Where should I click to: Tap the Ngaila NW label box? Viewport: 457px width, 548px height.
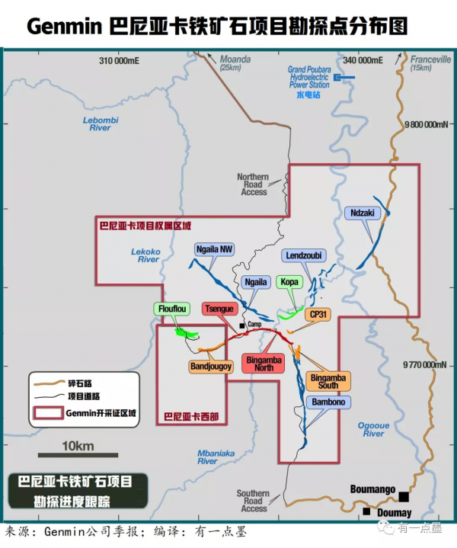pos(215,249)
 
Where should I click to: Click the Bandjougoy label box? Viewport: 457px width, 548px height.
pos(210,366)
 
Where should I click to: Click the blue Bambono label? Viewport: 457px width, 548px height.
pos(327,402)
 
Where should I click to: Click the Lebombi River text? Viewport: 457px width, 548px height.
pos(100,123)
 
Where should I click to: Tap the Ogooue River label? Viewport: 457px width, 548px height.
pos(373,429)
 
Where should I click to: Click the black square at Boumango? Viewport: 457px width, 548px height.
pos(404,496)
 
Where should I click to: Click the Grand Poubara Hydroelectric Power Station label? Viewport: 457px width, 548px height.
pos(308,78)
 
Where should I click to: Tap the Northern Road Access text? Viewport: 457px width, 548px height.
pos(254,184)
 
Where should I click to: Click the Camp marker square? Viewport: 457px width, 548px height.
pos(241,325)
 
